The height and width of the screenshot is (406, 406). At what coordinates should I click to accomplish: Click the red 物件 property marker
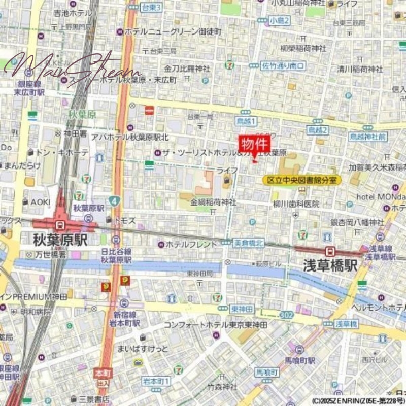pyautogui.click(x=252, y=144)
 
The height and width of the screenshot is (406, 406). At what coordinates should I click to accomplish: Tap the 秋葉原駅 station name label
pyautogui.click(x=60, y=240)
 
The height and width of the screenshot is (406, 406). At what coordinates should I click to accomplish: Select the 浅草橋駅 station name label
pyautogui.click(x=330, y=264)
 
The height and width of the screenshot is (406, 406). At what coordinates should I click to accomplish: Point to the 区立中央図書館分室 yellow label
pyautogui.click(x=302, y=180)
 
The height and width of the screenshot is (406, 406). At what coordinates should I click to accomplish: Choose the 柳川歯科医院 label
pyautogui.click(x=296, y=204)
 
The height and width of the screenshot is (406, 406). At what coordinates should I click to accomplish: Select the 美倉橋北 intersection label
pyautogui.click(x=249, y=244)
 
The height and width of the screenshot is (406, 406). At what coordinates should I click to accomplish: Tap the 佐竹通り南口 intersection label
pyautogui.click(x=283, y=65)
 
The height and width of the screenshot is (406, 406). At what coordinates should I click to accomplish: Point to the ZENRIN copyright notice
pyautogui.click(x=358, y=400)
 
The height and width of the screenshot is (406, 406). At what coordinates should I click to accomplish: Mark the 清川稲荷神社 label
pyautogui.click(x=360, y=69)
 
